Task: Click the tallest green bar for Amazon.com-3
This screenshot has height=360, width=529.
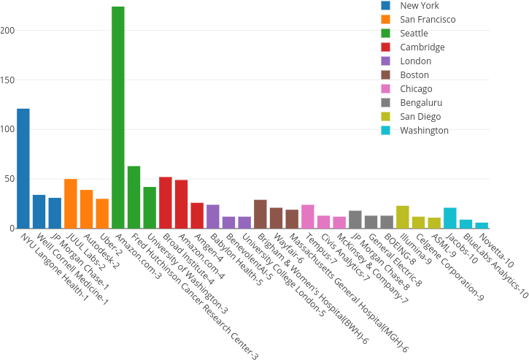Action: pyautogui.click(x=118, y=117)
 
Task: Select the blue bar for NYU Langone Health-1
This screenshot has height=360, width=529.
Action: pyautogui.click(x=23, y=168)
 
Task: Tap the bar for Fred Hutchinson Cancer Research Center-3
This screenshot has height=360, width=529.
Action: pyautogui.click(x=134, y=197)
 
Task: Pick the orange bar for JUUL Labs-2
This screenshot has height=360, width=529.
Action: pyautogui.click(x=71, y=204)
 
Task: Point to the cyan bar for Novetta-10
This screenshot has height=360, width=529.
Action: pyautogui.click(x=482, y=225)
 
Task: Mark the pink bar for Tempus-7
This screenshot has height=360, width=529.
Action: pyautogui.click(x=308, y=216)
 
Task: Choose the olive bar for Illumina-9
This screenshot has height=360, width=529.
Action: pyautogui.click(x=403, y=217)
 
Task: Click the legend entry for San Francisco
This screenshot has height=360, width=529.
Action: pyautogui.click(x=428, y=19)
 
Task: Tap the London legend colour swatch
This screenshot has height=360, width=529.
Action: pyautogui.click(x=386, y=61)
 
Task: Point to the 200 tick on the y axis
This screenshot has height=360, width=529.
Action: pyautogui.click(x=8, y=31)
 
